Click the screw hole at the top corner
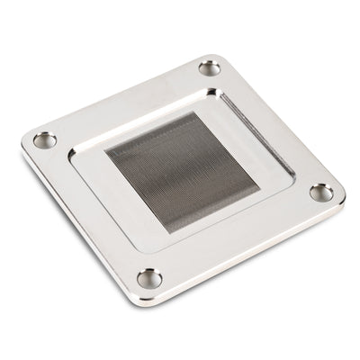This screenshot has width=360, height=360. point(209,67)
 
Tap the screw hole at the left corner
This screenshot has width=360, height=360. point(44,139)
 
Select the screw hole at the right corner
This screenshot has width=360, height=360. point(321,192)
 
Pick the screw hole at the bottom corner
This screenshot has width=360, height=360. point(149,278)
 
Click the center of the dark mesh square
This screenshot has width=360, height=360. point(182,171)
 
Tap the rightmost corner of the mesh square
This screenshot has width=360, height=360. point(259,189)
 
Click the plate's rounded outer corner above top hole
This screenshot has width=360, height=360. point(212,55)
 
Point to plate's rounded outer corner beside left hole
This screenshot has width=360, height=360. point(24,142)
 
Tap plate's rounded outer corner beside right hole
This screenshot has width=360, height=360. point(342,200)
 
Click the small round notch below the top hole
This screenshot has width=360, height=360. point(212,91)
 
